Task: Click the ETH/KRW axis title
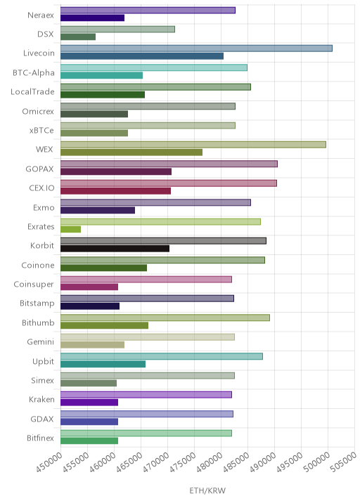pos(207,490)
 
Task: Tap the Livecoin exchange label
pos(39,53)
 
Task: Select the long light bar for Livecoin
pos(197,48)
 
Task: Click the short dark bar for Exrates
pos(70,229)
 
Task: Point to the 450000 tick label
pos(49,462)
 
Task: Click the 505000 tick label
pos(343,462)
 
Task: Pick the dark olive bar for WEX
pos(131,152)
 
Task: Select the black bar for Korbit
pos(115,249)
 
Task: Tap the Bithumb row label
pos(38,322)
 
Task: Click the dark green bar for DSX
pos(78,37)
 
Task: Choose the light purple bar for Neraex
pos(148,11)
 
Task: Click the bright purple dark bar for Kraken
pos(89,403)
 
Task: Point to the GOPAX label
pos(39,169)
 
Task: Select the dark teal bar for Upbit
pos(103,364)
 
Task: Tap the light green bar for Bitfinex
pos(146,433)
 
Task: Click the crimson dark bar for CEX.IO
pos(115,191)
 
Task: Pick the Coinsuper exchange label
pos(34,285)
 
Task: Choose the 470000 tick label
pos(156,462)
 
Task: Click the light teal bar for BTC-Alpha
pos(154,67)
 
